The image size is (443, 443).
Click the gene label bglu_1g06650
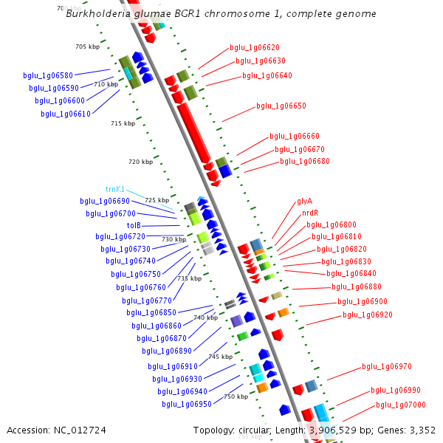281,106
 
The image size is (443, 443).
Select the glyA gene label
304,201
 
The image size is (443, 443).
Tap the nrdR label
310,213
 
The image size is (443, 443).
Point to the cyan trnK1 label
115,189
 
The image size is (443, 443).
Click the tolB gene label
134,225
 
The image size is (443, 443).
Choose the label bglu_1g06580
48,75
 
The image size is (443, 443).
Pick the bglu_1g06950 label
187,404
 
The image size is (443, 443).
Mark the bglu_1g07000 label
400,405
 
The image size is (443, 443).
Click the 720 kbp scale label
140,162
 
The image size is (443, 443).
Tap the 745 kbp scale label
220,357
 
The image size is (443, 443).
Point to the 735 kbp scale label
189,279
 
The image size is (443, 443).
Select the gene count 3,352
422,430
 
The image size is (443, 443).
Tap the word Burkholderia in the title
97,13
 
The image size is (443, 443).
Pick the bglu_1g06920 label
367,315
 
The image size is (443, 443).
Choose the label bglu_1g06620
254,47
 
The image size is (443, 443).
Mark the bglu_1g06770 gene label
147,301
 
